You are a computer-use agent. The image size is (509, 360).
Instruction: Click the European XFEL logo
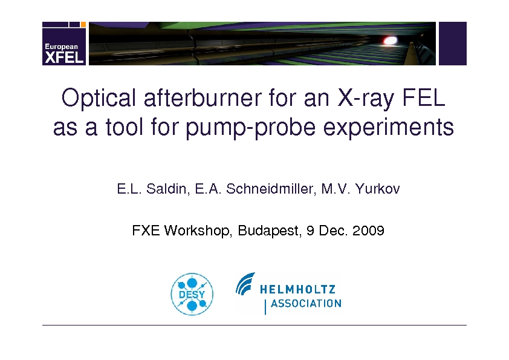[64, 44]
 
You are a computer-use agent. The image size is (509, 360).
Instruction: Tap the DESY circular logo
[192, 294]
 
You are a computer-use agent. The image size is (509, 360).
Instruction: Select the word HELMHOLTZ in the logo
[297, 289]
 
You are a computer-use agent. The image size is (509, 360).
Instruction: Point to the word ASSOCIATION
[306, 304]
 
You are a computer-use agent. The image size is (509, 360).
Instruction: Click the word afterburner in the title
[203, 97]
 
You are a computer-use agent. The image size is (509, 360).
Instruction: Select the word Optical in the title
[99, 98]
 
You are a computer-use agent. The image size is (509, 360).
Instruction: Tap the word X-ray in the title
[366, 98]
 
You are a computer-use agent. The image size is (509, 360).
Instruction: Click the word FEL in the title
[424, 97]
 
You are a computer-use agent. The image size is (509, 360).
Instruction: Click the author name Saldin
[167, 189]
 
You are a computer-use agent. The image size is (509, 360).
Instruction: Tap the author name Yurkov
[378, 189]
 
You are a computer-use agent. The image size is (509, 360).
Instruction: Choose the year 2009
[368, 231]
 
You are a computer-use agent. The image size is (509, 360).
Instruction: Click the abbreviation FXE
[146, 231]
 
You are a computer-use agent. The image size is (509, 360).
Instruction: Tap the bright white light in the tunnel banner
[390, 41]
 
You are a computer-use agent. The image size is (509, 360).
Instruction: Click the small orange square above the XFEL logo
[83, 24]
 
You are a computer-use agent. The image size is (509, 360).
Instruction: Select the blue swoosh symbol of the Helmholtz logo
[245, 283]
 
